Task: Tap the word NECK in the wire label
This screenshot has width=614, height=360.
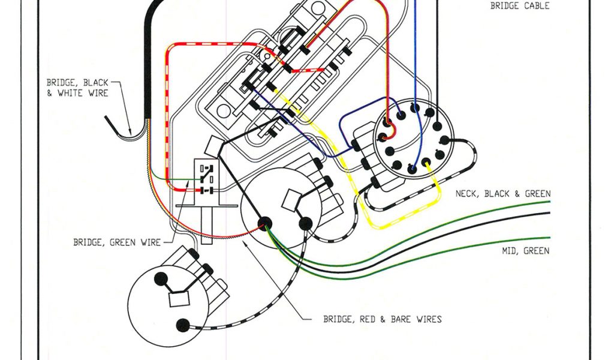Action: (467, 194)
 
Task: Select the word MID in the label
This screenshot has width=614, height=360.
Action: (510, 251)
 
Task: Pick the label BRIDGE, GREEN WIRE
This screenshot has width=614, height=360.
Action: (117, 242)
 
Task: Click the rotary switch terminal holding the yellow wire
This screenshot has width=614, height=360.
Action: (426, 163)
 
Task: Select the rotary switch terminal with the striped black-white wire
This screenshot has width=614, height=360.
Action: (444, 140)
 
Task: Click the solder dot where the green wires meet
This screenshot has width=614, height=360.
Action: (264, 224)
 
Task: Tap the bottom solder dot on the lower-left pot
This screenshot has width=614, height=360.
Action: (181, 325)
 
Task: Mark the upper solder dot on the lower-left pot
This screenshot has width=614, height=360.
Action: (161, 278)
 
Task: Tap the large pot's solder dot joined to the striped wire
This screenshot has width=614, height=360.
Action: (306, 224)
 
